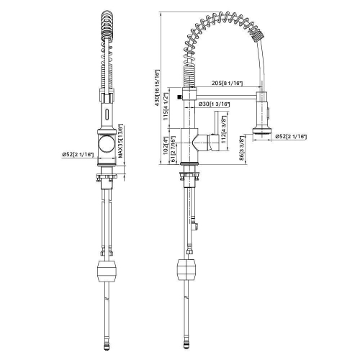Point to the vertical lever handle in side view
tap(215, 143)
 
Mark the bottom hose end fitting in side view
tap(187, 345)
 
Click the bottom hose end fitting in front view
tap(106, 345)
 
